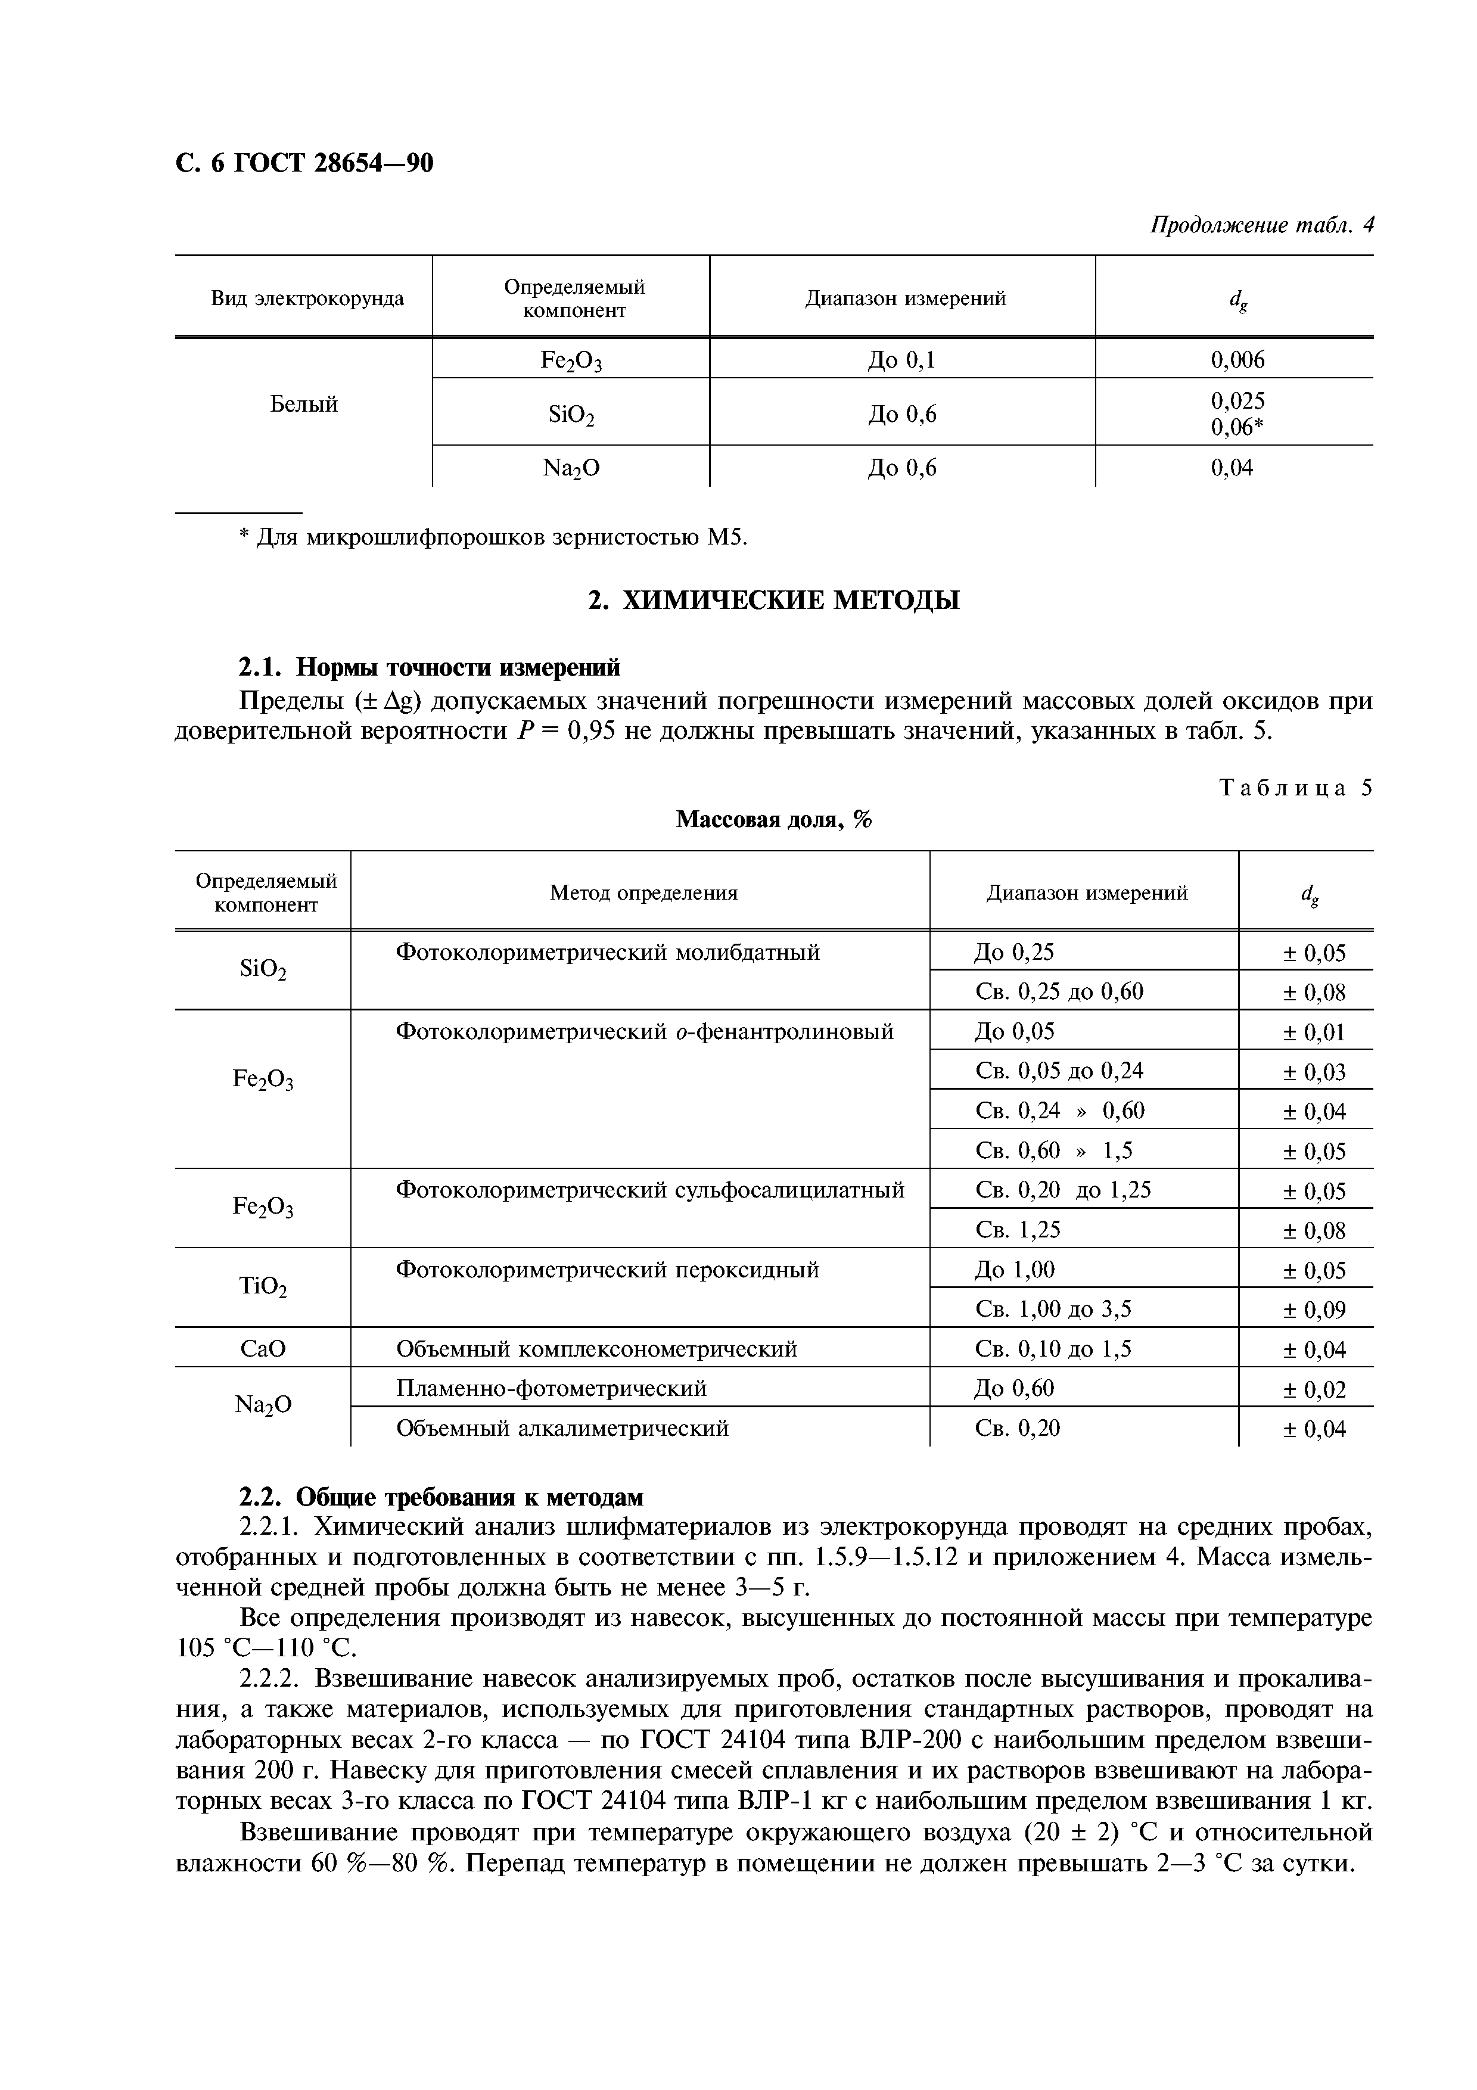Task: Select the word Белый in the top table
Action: pyautogui.click(x=303, y=404)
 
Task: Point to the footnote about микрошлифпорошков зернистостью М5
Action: pyautogui.click(x=492, y=538)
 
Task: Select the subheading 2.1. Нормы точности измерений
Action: pyautogui.click(x=428, y=667)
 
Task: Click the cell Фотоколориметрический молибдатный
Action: pyautogui.click(x=607, y=952)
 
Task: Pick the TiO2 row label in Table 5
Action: pyautogui.click(x=263, y=1286)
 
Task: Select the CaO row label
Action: pyautogui.click(x=263, y=1348)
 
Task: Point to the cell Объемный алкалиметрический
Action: pyautogui.click(x=562, y=1428)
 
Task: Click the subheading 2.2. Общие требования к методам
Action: pyautogui.click(x=440, y=1497)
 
